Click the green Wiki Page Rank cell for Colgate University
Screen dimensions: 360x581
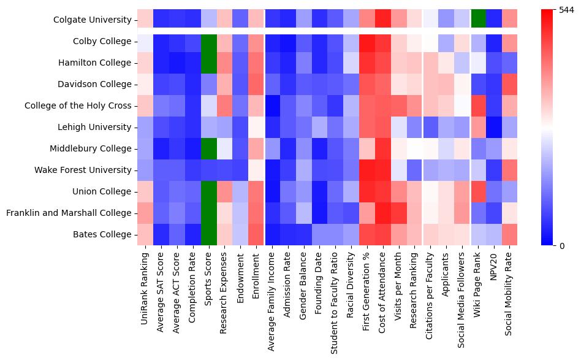[479, 20]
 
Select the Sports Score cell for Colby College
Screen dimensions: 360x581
[209, 41]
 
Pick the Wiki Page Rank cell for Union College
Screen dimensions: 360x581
[479, 191]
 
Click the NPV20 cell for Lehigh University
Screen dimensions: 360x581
[495, 127]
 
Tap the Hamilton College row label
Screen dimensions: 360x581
[95, 63]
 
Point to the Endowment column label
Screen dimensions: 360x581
[240, 276]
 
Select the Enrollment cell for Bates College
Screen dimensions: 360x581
[256, 234]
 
